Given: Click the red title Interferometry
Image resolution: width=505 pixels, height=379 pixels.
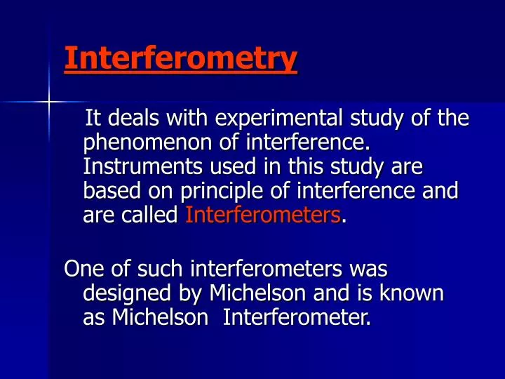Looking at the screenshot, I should pos(180,59).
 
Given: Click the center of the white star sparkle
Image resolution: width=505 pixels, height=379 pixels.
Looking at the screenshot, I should pos(50,102).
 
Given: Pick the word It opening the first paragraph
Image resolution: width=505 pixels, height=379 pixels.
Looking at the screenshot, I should pos(93,120).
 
